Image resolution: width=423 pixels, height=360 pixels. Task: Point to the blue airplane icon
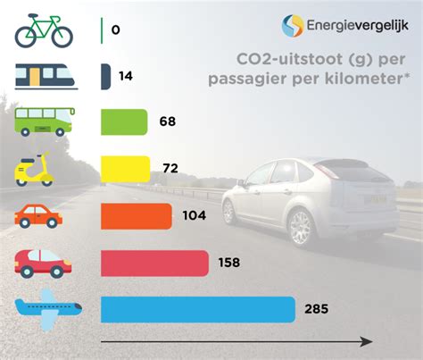coord(49,310)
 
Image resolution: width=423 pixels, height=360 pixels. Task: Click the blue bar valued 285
coord(197,309)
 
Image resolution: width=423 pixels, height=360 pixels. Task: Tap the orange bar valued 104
coord(137,215)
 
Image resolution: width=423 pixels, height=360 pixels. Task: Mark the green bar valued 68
coord(124,121)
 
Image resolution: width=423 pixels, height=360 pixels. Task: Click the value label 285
coord(315,310)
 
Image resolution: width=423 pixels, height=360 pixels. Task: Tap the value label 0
coord(116,29)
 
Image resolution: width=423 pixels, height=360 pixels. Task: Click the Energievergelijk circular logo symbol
coord(294,26)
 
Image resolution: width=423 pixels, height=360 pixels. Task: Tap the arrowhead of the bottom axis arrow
coord(367,342)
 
